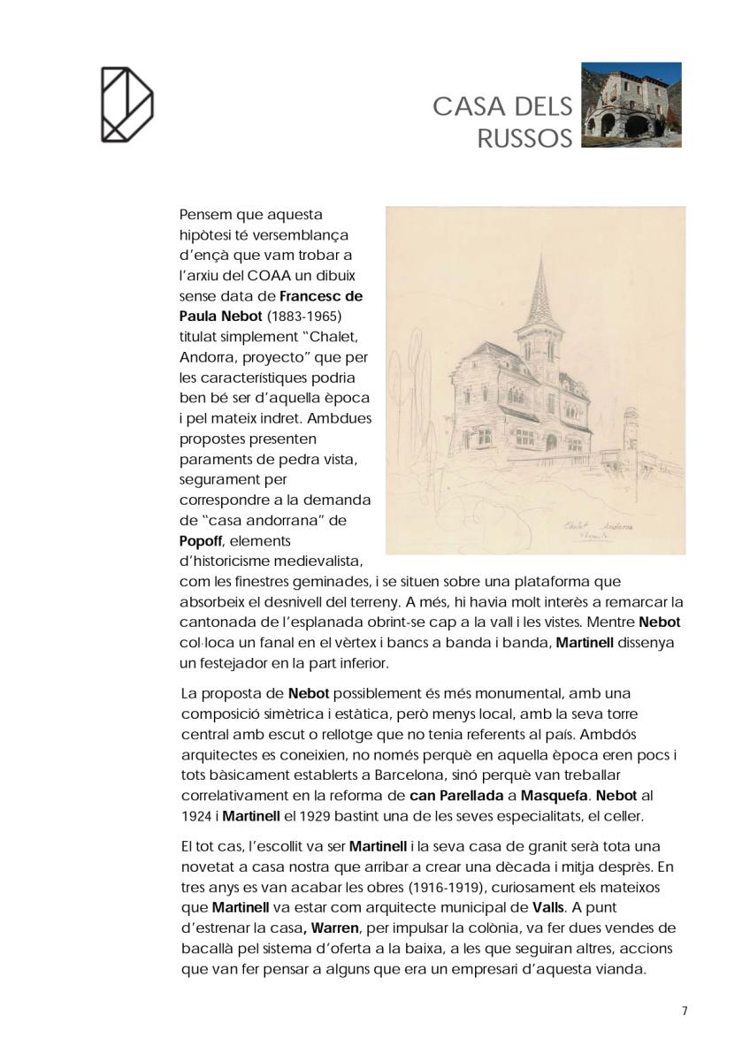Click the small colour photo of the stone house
(631, 104)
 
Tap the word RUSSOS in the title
(524, 139)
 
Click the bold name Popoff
(200, 540)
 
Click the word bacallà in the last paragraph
(206, 949)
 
